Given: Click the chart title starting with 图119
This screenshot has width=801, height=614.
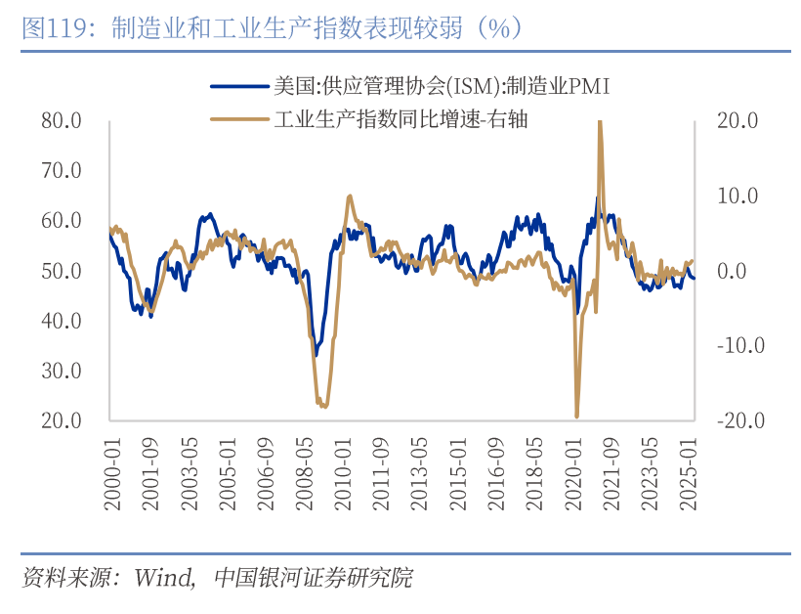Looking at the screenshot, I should pos(274,27).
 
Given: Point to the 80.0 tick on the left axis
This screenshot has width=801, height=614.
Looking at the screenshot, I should pos(61,120).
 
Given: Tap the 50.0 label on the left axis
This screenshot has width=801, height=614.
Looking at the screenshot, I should pos(61,271).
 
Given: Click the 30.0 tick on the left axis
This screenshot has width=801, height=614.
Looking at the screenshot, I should pos(61,371).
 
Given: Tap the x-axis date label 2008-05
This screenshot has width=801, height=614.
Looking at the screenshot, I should pos(304,473).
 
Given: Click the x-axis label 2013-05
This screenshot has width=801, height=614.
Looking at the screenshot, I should pos(419,473).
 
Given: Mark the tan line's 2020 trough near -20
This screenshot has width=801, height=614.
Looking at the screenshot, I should pos(577,417).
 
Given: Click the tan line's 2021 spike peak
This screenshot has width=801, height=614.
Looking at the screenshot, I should pos(599,121).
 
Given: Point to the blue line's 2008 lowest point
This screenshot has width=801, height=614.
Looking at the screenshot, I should pos(316,355).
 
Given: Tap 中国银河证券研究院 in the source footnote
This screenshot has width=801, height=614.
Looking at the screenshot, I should pos(312,578).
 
